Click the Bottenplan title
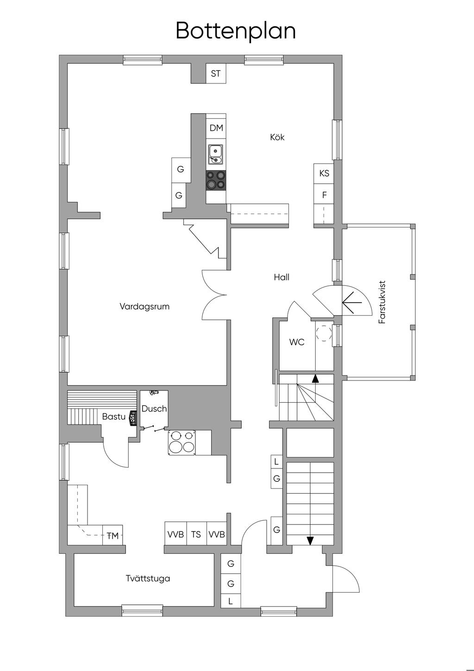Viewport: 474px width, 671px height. [236, 31]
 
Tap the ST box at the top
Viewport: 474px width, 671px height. [216, 74]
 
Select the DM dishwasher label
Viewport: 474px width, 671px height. [216, 128]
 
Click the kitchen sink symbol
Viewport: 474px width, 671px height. [216, 154]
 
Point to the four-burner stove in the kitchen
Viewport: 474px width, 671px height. [216, 180]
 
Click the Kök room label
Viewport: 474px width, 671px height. [277, 137]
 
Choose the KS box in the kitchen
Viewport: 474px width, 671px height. [324, 173]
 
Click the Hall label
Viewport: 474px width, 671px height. [281, 277]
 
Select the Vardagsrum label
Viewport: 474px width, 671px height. [144, 306]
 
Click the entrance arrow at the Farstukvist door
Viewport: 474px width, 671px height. [352, 302]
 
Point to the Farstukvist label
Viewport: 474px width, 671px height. [382, 302]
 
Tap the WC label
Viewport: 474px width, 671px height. [297, 342]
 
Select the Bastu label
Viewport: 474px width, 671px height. [114, 417]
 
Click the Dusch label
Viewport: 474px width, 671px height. [154, 409]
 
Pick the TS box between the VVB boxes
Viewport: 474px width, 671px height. [196, 534]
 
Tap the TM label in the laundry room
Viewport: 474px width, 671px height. [113, 536]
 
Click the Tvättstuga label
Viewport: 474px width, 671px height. [148, 578]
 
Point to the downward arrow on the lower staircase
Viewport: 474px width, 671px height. [310, 540]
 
